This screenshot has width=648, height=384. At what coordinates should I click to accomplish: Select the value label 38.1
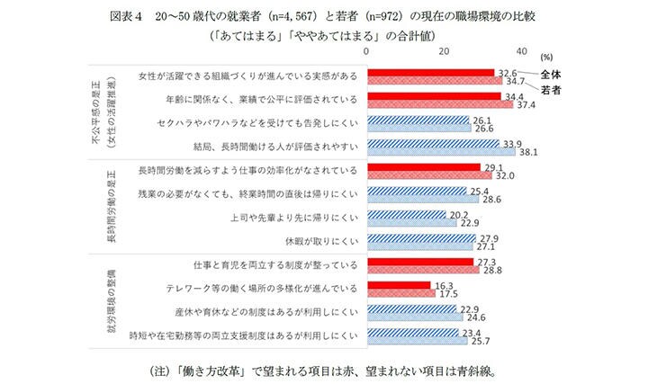coord(529,152)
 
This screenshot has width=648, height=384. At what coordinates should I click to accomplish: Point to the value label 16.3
coord(445,285)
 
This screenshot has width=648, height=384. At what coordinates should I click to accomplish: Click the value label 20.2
coord(459,214)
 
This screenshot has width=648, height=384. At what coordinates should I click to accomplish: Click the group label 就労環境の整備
coord(100,300)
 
